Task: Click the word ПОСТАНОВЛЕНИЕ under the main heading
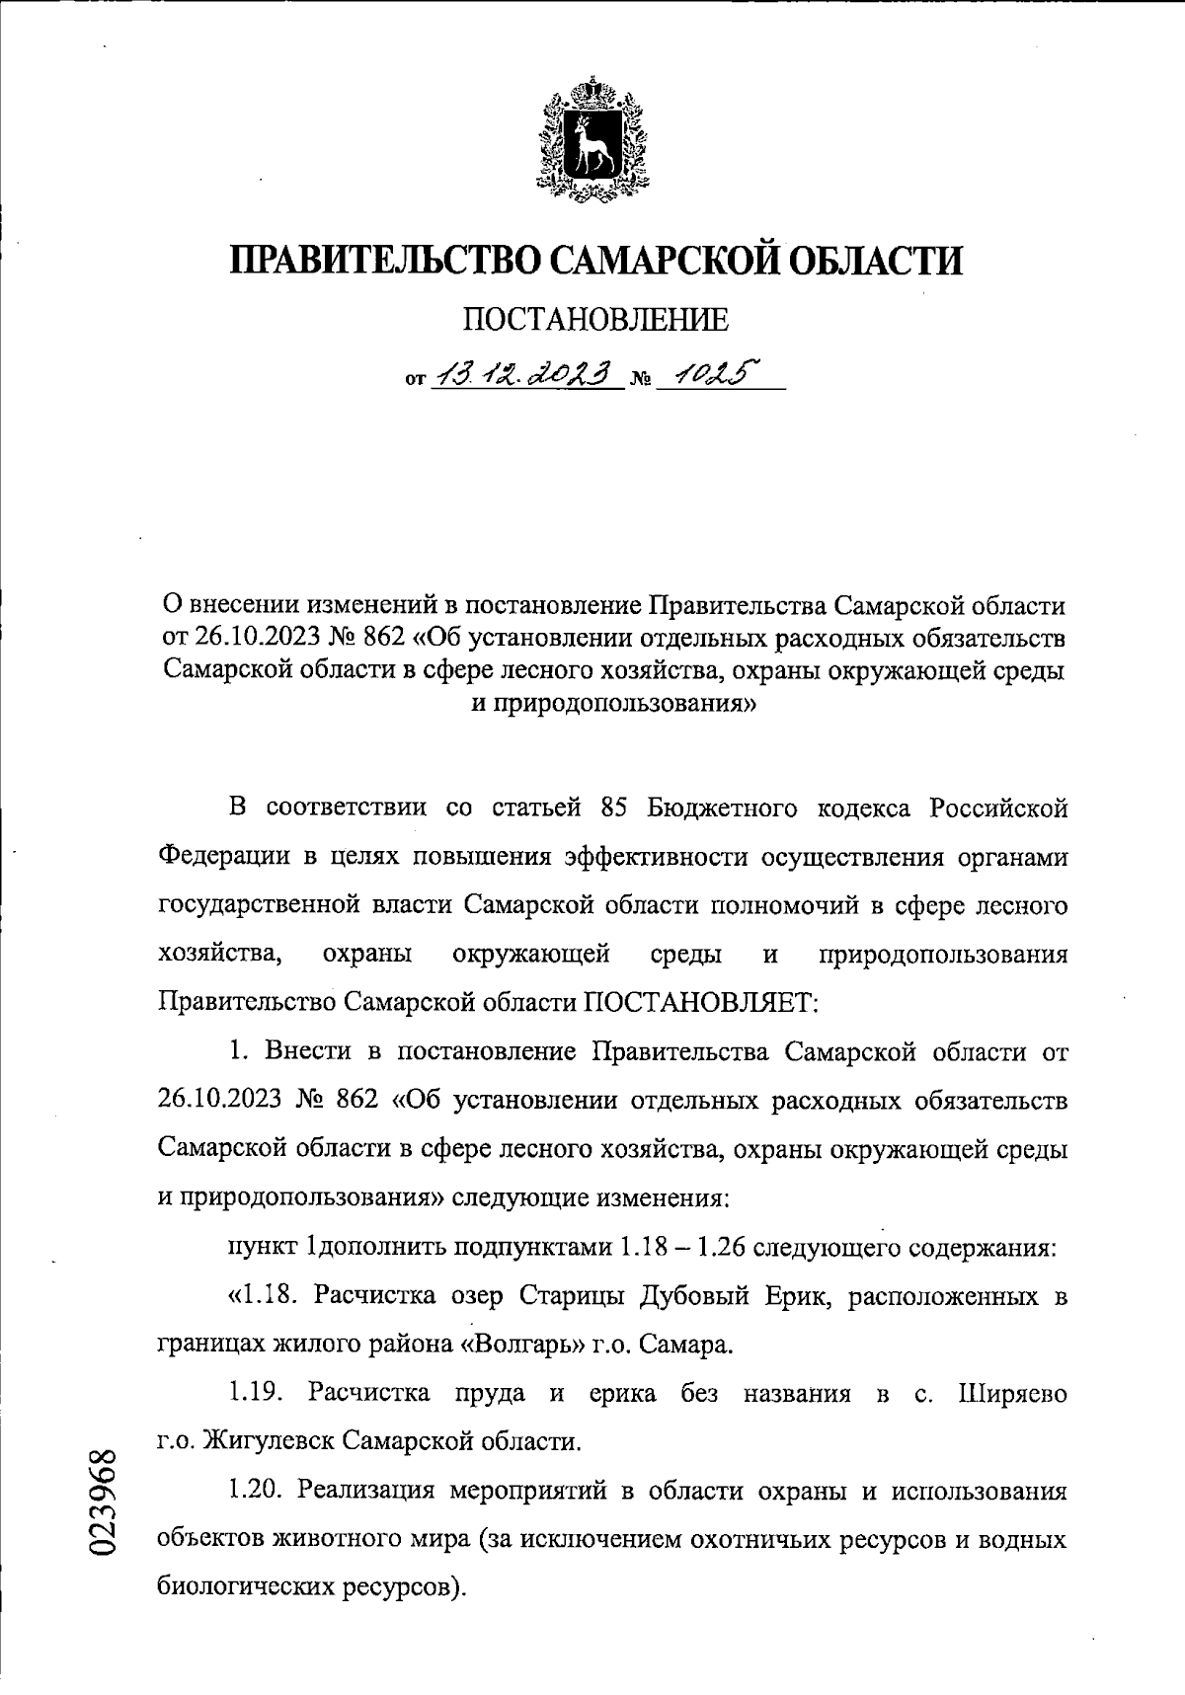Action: (x=596, y=320)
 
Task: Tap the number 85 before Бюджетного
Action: (x=614, y=809)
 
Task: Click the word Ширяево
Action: (x=1012, y=1393)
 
